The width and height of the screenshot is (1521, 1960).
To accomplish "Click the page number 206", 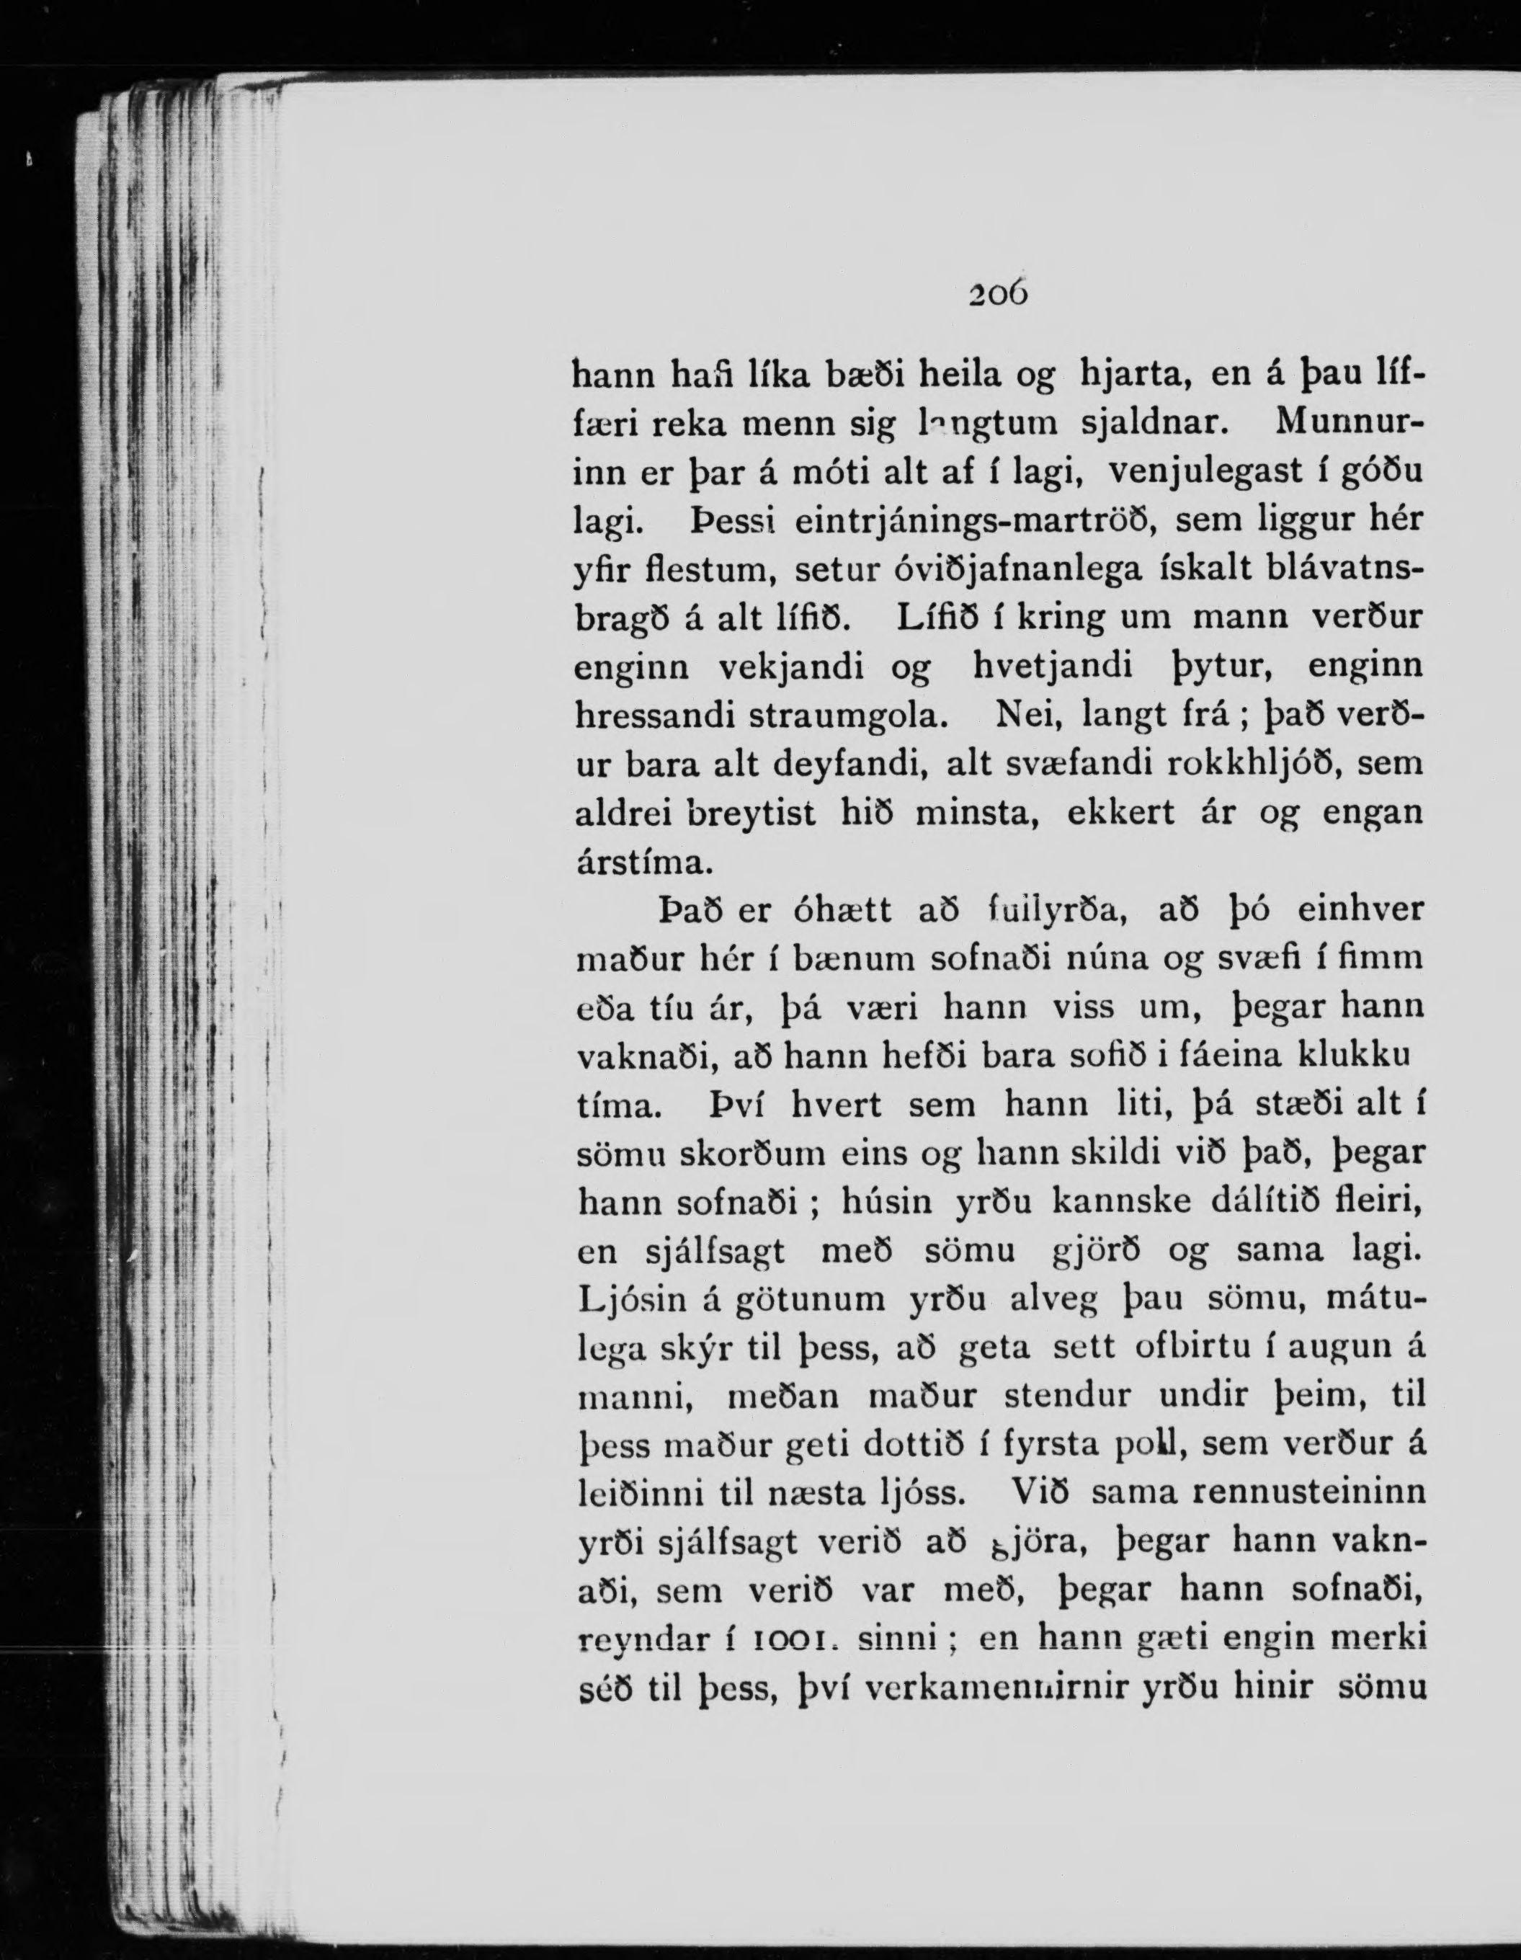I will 997,293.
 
